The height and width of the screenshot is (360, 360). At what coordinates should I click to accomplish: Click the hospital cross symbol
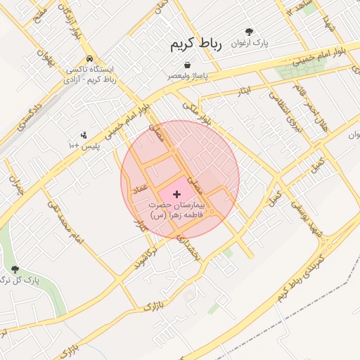point(176,193)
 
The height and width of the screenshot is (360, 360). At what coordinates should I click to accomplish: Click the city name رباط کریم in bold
point(195,45)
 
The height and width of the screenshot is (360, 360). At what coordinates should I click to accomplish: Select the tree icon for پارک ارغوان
point(249,32)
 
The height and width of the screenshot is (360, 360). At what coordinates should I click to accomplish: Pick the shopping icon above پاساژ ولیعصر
point(187,65)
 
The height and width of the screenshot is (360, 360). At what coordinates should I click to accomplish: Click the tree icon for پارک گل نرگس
point(15,269)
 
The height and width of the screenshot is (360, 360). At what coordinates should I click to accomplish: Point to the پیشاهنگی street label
point(188,247)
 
